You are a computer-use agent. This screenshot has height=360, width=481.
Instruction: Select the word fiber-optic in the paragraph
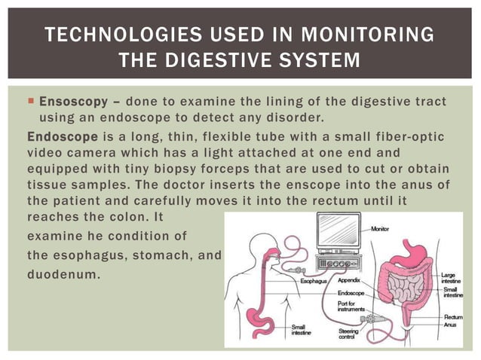(x=408, y=136)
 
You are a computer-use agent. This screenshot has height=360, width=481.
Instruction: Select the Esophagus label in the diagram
(x=313, y=281)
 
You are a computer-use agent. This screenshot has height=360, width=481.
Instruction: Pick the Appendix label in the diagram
(x=351, y=281)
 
